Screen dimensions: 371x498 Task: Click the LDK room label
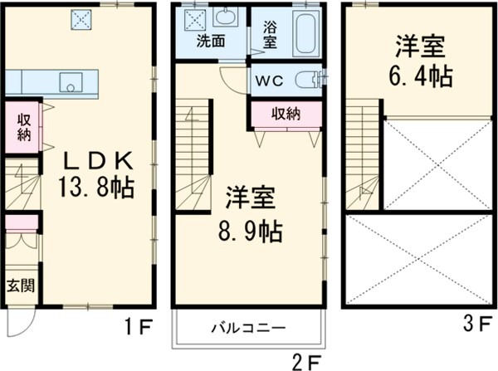click(92, 159)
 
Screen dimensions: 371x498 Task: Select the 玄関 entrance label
click(20, 287)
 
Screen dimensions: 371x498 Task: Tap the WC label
click(270, 81)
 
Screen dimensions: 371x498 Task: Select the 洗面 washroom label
click(210, 39)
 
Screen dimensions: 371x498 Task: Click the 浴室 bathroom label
click(271, 32)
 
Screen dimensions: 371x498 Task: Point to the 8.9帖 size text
click(252, 228)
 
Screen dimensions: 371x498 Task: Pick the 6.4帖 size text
click(422, 76)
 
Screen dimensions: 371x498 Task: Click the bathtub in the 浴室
click(305, 31)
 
